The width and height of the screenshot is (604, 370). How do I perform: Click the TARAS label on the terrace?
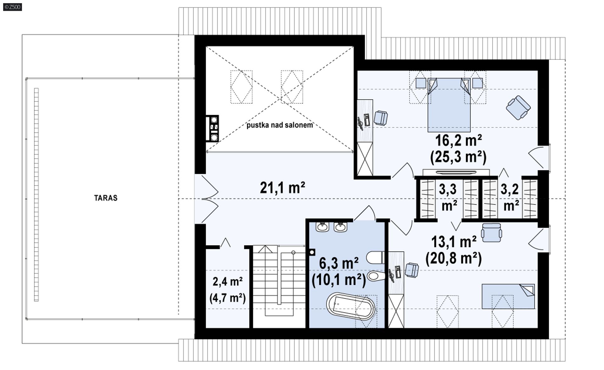tap(106, 198)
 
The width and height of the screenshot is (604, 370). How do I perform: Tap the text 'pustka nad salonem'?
tap(280, 125)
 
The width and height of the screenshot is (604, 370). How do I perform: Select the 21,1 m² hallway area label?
tap(282, 188)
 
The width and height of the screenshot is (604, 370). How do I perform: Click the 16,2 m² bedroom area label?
tap(458, 140)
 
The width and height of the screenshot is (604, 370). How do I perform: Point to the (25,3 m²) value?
tap(458, 157)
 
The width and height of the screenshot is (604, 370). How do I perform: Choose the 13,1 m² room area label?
tap(454, 242)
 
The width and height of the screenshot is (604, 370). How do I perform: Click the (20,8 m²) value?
tap(454, 259)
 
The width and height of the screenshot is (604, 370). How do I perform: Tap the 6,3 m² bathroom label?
tap(339, 263)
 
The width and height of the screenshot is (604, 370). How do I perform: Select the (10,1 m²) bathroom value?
tap(339, 279)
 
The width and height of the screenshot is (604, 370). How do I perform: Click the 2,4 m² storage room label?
tap(227, 282)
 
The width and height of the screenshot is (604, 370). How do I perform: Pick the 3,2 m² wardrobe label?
tap(510, 197)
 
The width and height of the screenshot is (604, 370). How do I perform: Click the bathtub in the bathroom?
tap(351, 306)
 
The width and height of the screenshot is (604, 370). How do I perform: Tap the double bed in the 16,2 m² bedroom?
tap(449, 105)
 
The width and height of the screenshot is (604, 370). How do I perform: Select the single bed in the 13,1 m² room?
tap(508, 296)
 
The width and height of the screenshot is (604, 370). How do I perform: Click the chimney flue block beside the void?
tap(212, 128)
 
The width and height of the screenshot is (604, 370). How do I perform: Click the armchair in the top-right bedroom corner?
tap(518, 108)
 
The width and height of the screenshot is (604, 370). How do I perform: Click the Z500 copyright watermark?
tap(13, 7)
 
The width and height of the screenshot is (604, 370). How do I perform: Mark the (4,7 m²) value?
tap(227, 298)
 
